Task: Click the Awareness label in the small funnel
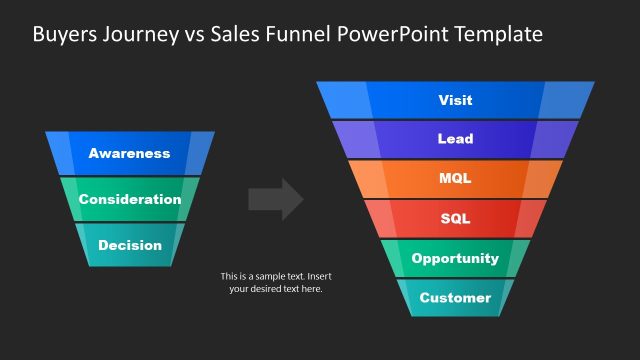(129, 153)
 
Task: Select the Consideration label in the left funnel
(129, 199)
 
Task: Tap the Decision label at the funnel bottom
(129, 245)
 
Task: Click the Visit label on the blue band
(455, 100)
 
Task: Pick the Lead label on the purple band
(455, 139)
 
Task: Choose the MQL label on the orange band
(455, 179)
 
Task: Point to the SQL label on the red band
(455, 218)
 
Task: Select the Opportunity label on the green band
(455, 258)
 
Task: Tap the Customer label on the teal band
(455, 297)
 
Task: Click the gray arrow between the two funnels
(276, 199)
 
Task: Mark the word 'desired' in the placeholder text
(270, 289)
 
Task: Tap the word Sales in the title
(238, 34)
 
